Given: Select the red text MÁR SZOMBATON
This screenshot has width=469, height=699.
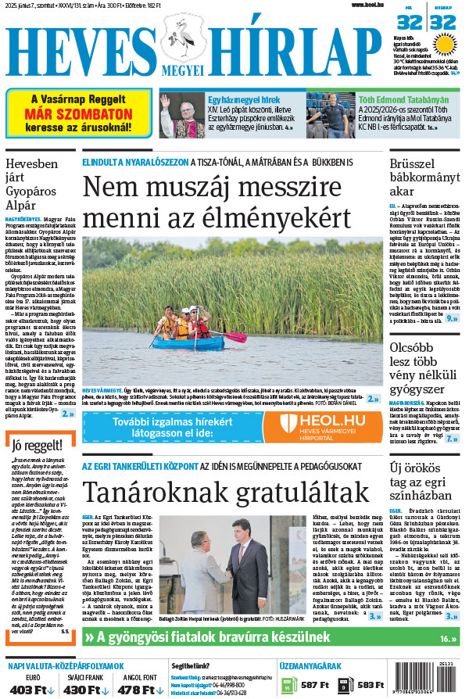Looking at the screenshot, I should click(x=77, y=112).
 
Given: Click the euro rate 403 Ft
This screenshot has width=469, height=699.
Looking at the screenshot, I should click(x=31, y=689).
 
